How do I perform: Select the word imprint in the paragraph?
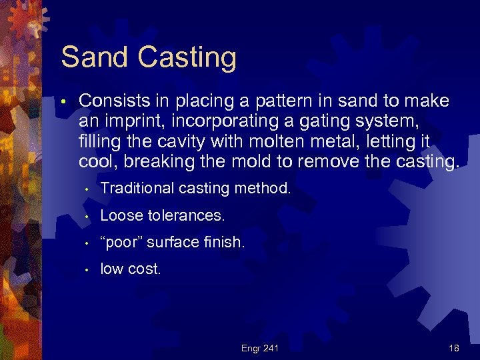coord(126,122)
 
